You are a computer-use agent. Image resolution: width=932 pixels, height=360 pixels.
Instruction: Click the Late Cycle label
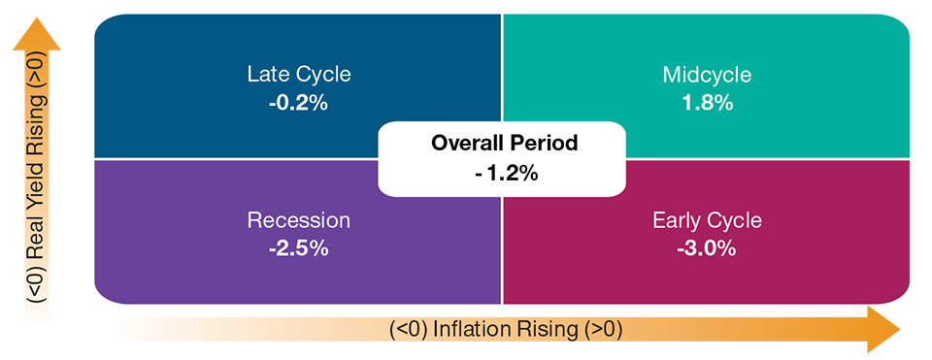299,76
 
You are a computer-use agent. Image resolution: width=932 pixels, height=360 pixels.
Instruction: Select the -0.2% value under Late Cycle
298,104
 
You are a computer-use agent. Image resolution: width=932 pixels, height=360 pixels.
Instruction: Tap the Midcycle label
707,76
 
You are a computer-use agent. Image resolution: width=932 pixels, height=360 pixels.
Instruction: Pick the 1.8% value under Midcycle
708,104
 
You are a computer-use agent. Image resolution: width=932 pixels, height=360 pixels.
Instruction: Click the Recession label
299,221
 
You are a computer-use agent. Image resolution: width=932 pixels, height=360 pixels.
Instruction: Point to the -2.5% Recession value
298,249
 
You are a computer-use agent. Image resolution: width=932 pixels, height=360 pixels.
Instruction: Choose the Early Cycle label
707,221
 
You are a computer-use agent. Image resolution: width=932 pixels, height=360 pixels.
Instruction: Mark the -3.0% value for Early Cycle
707,249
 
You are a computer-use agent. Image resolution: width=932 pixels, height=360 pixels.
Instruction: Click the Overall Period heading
504,144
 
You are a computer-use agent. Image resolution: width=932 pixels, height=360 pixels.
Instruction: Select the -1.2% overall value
504,174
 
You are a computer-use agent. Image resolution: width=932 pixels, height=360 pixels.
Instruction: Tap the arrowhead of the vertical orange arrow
37,36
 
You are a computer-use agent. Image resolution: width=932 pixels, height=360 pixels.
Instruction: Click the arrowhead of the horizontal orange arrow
883,330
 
